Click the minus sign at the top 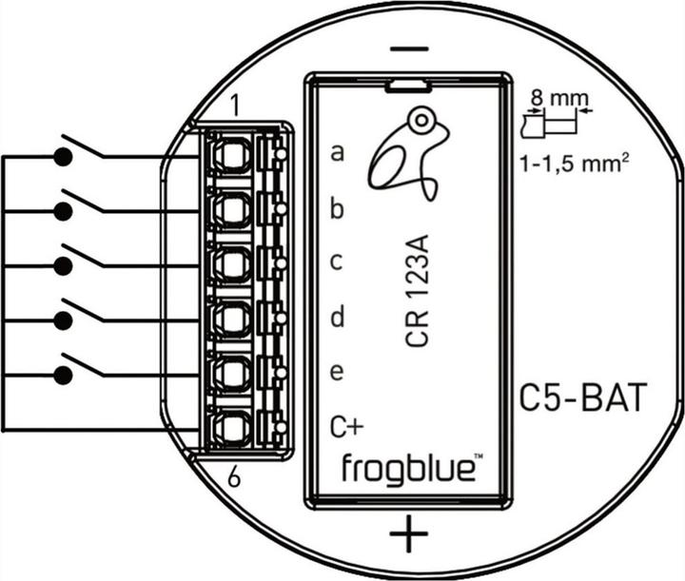[409, 48]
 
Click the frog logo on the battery [403, 152]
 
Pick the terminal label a [337, 152]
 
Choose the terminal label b [337, 208]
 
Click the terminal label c [337, 261]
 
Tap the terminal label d [337, 317]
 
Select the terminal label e [337, 372]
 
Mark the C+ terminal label [342, 426]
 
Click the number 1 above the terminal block [235, 101]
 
